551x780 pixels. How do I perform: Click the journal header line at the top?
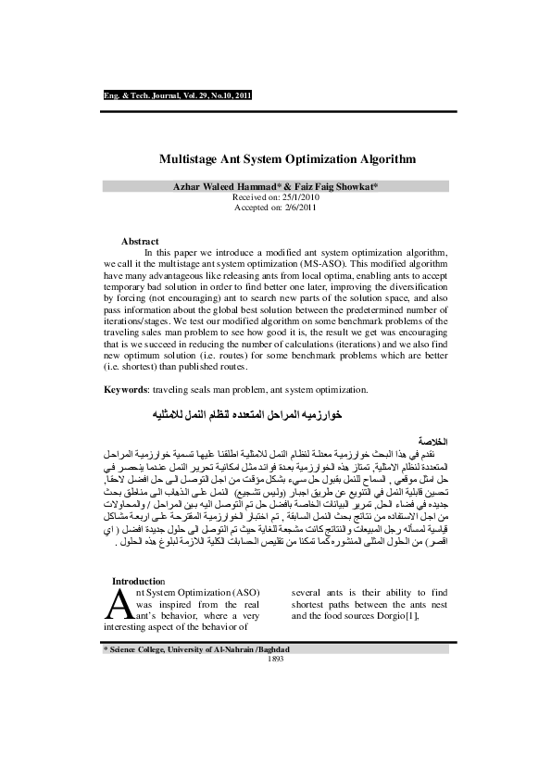tap(176, 94)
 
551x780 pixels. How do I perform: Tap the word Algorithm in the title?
tap(381, 158)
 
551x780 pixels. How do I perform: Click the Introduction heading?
tap(137, 581)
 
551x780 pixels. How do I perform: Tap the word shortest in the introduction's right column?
tap(311, 604)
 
